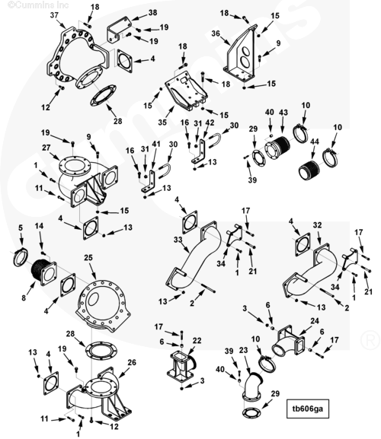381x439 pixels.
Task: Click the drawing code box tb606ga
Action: pyautogui.click(x=308, y=409)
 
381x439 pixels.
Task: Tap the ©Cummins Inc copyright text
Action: pyautogui.click(x=38, y=5)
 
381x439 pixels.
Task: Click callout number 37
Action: pyautogui.click(x=54, y=15)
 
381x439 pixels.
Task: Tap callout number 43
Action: pyautogui.click(x=283, y=113)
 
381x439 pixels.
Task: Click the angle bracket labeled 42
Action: pyautogui.click(x=200, y=151)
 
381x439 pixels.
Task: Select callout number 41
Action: pyautogui.click(x=156, y=144)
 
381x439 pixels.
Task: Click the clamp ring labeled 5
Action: pyautogui.click(x=21, y=257)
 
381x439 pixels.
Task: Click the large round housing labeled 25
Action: pyautogui.click(x=103, y=305)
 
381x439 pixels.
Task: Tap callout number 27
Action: pyautogui.click(x=46, y=148)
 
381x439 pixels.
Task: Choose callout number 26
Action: pyautogui.click(x=132, y=362)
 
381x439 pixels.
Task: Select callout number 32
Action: pyautogui.click(x=317, y=224)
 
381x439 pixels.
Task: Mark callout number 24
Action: pyautogui.click(x=315, y=321)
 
